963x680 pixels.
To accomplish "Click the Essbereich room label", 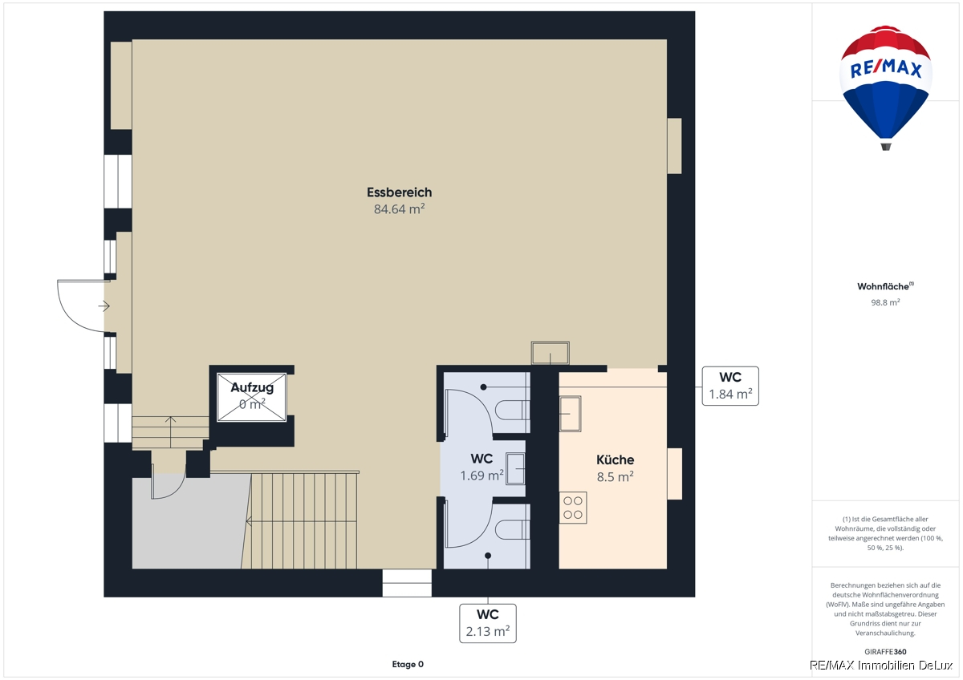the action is click(x=399, y=192).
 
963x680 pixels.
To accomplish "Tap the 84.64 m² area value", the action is click(x=399, y=208).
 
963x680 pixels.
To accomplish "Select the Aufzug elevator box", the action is click(x=251, y=397).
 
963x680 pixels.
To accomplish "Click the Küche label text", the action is click(x=615, y=460).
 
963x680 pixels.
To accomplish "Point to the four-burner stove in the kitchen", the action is click(x=573, y=508).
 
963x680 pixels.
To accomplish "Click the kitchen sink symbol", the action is click(x=570, y=413).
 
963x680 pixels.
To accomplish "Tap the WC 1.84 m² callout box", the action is click(x=730, y=386).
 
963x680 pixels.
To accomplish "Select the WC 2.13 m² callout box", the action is click(x=488, y=623).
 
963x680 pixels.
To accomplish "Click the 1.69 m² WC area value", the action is click(x=481, y=476).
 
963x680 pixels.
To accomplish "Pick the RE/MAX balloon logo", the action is click(x=886, y=88).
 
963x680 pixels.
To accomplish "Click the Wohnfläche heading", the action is click(x=885, y=286).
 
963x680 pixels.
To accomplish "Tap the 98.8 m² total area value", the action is click(x=885, y=302).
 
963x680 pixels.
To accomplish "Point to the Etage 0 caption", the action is click(x=408, y=664).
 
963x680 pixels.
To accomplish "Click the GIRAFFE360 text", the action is click(x=885, y=652).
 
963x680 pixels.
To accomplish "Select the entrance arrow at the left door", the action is click(x=104, y=306).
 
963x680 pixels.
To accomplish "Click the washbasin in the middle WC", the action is click(x=515, y=468).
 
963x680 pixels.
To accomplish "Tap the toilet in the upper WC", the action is click(x=512, y=410).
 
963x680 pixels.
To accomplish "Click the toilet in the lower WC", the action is click(x=512, y=529).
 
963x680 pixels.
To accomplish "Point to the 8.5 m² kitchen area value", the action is click(x=615, y=477).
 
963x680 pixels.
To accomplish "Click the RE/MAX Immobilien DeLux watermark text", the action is click(x=881, y=666).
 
